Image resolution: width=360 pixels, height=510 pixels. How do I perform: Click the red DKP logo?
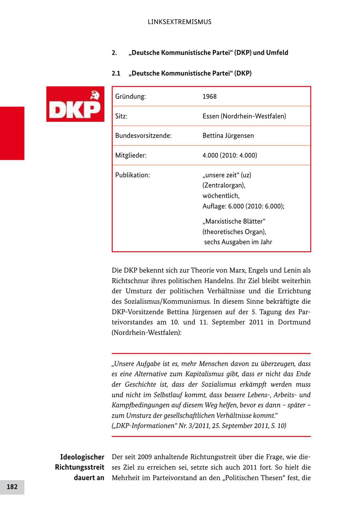pos(75,104)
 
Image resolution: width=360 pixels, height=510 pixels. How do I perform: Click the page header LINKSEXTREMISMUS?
pos(179,22)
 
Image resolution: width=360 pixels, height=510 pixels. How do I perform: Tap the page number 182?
pos(12,487)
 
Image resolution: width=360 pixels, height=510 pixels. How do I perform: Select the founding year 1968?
pos(209,97)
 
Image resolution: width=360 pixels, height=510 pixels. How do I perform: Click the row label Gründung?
pos(130,97)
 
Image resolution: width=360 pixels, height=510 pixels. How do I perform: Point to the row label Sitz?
pos(121,116)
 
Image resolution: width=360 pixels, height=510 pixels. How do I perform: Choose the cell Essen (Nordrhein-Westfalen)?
pos(244,116)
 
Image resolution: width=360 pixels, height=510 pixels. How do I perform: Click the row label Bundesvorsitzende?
pos(143,136)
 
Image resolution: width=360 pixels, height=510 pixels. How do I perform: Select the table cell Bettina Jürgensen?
pos(228,136)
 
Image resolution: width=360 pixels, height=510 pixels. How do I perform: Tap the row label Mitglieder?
pos(131,155)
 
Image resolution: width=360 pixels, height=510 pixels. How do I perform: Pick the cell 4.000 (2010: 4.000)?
pos(230,155)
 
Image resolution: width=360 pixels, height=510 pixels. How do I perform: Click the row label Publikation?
pos(132,175)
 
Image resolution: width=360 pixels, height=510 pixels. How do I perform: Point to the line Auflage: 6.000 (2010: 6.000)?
pos(243,206)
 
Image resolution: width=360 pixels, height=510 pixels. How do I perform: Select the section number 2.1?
pos(116,74)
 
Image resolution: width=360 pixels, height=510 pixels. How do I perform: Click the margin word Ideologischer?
pos(82,457)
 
